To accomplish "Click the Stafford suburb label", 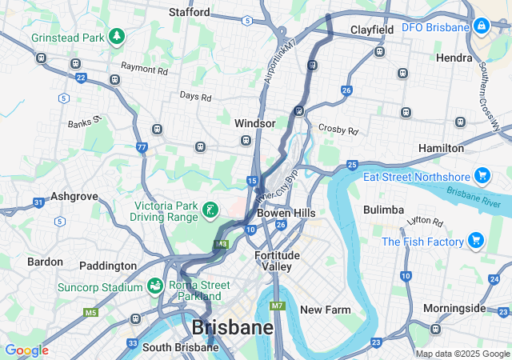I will (190, 12).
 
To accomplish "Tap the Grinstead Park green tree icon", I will (118, 37).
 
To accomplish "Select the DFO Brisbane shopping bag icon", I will (482, 27).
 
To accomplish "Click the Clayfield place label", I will (372, 30).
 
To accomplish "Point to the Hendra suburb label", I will (454, 58).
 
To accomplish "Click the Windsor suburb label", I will (254, 124).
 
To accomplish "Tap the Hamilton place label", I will (441, 148).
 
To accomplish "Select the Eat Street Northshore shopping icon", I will (482, 175).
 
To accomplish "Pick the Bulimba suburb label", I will (383, 210).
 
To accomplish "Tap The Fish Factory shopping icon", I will (476, 241).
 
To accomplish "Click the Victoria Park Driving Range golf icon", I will (210, 210).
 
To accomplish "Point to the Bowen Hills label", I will (286, 214).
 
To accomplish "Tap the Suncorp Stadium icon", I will (155, 286).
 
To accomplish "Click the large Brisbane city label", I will (232, 327).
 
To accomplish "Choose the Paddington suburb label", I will (109, 266).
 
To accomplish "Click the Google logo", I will (26, 350).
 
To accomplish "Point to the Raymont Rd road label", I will (144, 70).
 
